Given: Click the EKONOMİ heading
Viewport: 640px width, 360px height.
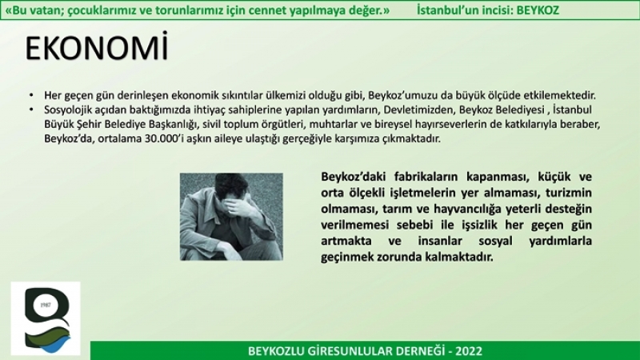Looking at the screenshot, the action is [97, 47].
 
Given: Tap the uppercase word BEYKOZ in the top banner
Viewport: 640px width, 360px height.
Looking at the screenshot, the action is [538, 10].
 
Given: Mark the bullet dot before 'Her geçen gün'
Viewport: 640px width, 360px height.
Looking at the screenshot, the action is [31, 95].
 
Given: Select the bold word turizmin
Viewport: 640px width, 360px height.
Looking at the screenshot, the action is [569, 193].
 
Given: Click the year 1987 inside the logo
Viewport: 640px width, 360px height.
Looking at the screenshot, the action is [46, 305].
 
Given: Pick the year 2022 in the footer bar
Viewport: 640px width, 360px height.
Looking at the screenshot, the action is [469, 351].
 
